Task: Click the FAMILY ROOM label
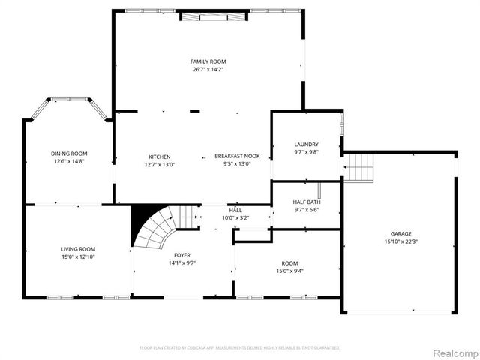tap(208, 61)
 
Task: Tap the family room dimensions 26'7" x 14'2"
tap(208, 69)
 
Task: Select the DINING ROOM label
tap(69, 154)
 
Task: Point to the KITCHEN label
tap(159, 157)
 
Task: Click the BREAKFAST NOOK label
tap(237, 157)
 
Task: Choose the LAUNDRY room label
tap(306, 145)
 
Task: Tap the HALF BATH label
tap(306, 202)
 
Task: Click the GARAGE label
tap(400, 234)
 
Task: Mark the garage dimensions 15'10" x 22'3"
tap(400, 241)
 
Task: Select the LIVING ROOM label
tap(78, 249)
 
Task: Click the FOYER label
tap(183, 256)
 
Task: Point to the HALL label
tap(235, 211)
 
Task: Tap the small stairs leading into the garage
tap(359, 166)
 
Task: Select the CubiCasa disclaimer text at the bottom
tap(240, 348)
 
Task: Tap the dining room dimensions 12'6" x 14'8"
tap(69, 161)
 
